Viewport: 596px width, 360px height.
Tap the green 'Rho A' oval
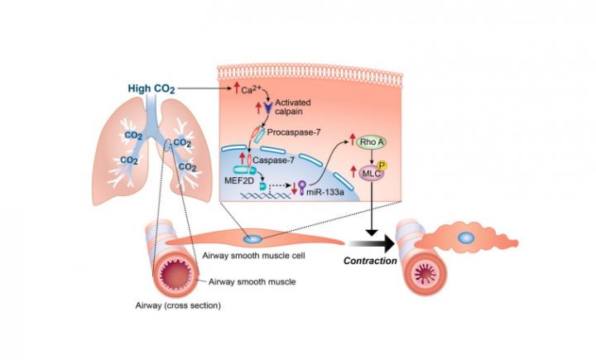click(x=369, y=143)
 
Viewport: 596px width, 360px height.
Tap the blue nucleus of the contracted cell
click(x=467, y=238)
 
